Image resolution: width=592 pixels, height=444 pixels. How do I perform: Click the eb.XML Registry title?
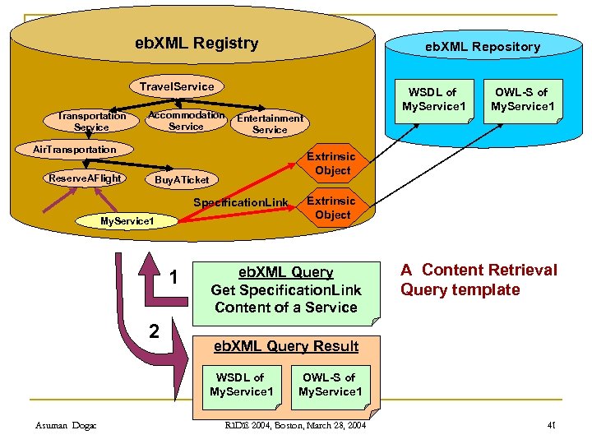pyautogui.click(x=197, y=44)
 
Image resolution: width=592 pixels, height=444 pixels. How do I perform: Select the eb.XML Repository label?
pyautogui.click(x=482, y=47)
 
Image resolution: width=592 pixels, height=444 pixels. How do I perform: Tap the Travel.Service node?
pyautogui.click(x=177, y=86)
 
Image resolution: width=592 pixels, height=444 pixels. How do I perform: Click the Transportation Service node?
pyautogui.click(x=91, y=122)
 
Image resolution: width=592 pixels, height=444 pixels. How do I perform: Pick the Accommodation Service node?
pyautogui.click(x=186, y=121)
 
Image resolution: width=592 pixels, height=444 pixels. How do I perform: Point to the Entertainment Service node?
pyautogui.click(x=270, y=124)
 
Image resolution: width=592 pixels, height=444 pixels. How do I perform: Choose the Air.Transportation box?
pyautogui.click(x=74, y=150)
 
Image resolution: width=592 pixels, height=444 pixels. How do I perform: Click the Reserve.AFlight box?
pyautogui.click(x=86, y=178)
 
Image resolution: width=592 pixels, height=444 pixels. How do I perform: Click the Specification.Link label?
pyautogui.click(x=241, y=203)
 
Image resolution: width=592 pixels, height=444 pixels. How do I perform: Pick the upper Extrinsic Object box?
pyautogui.click(x=331, y=164)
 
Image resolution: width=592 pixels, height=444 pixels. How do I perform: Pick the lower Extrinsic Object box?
pyautogui.click(x=331, y=208)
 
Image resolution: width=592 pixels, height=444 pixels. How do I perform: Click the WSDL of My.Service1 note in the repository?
pyautogui.click(x=434, y=99)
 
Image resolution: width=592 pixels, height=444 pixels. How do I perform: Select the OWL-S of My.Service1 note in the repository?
pyautogui.click(x=523, y=99)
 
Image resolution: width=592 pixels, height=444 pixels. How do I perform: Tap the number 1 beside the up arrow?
pyautogui.click(x=174, y=278)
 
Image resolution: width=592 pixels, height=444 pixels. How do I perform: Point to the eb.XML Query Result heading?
pyautogui.click(x=286, y=346)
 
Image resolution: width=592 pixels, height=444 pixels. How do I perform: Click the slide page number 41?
pyautogui.click(x=552, y=425)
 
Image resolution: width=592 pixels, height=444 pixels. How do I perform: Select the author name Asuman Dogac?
pyautogui.click(x=67, y=425)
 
